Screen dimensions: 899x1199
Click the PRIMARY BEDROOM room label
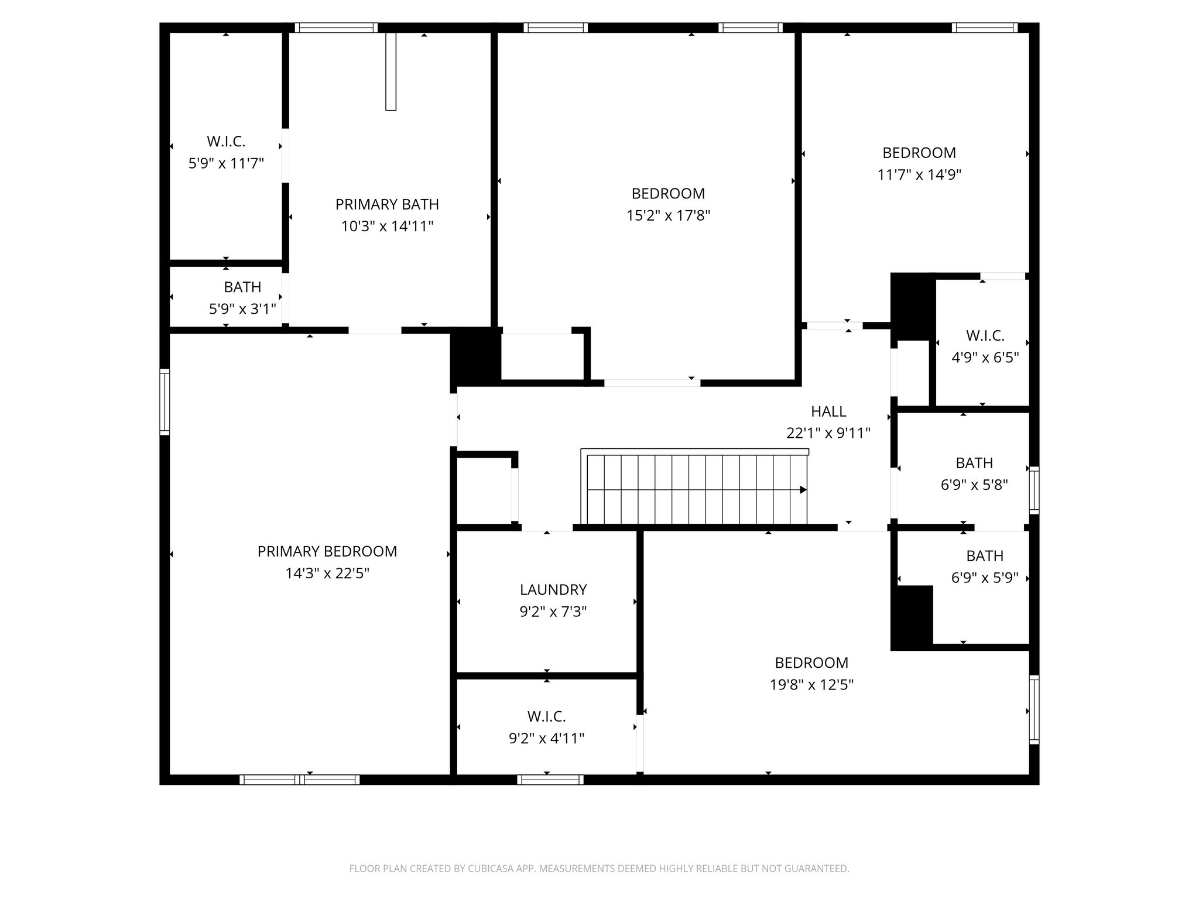pyautogui.click(x=327, y=551)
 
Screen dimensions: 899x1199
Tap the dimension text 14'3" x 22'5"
pyautogui.click(x=327, y=573)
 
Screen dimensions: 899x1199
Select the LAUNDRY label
pyautogui.click(x=553, y=589)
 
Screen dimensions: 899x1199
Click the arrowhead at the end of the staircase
pyautogui.click(x=803, y=490)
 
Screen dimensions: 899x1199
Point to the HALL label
pyautogui.click(x=828, y=411)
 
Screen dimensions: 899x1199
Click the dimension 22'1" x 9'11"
pyautogui.click(x=828, y=433)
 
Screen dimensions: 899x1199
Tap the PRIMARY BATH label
pyautogui.click(x=387, y=204)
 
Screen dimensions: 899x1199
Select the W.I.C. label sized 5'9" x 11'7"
pyautogui.click(x=226, y=141)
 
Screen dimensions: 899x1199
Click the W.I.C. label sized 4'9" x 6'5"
pyautogui.click(x=985, y=335)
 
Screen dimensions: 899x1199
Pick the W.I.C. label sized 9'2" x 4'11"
pyautogui.click(x=546, y=716)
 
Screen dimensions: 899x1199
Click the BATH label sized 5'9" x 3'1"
pyautogui.click(x=242, y=287)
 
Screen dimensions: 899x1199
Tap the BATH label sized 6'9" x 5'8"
pyautogui.click(x=974, y=463)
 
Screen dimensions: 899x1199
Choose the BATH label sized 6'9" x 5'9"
pyautogui.click(x=985, y=555)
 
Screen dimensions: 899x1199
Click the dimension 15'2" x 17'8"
pyautogui.click(x=668, y=215)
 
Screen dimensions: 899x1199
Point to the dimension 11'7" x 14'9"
pyautogui.click(x=919, y=174)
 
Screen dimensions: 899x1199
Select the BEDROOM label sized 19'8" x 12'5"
pyautogui.click(x=811, y=663)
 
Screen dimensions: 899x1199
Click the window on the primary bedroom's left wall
pyautogui.click(x=165, y=402)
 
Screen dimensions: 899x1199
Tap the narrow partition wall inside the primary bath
pyautogui.click(x=391, y=71)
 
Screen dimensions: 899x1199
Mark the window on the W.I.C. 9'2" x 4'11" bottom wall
pyautogui.click(x=550, y=779)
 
